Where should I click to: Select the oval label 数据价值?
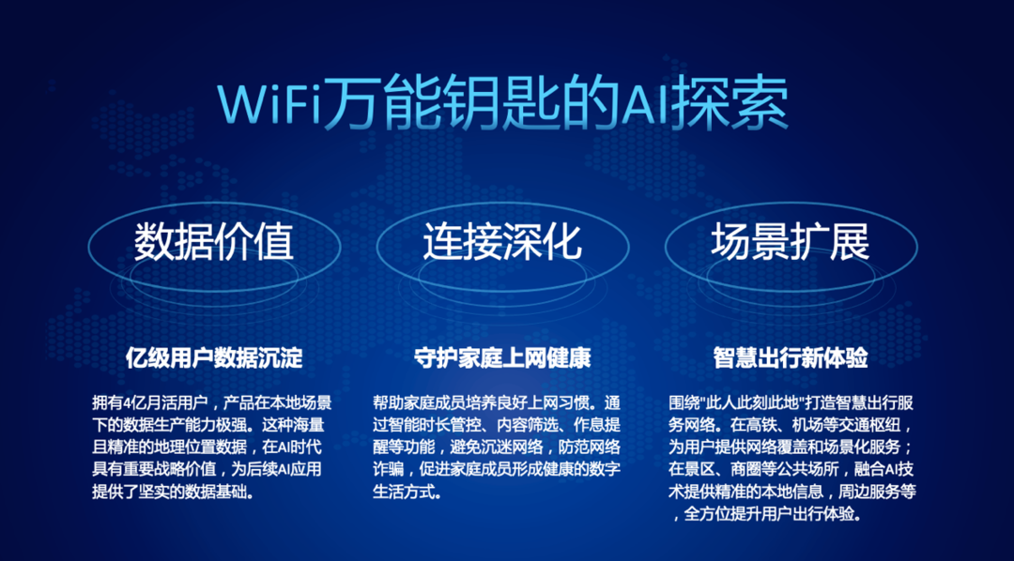pyautogui.click(x=214, y=242)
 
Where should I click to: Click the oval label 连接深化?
pyautogui.click(x=502, y=242)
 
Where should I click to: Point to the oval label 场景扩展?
pyautogui.click(x=791, y=242)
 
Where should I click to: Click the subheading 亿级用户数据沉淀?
pyautogui.click(x=214, y=357)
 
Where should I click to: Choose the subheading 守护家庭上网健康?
pyautogui.click(x=502, y=357)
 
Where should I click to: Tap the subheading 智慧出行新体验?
pyautogui.click(x=791, y=357)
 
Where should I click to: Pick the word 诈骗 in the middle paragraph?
pyautogui.click(x=388, y=471)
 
